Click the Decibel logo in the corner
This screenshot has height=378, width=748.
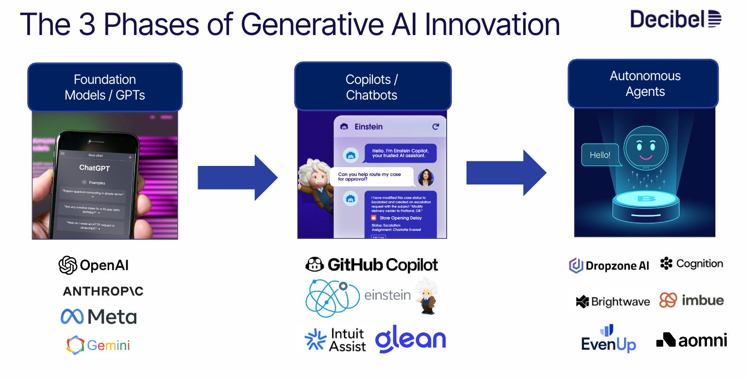(x=675, y=19)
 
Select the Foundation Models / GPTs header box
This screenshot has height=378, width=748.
(x=105, y=87)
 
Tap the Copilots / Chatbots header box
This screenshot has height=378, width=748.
(x=372, y=87)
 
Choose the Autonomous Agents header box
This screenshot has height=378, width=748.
(x=644, y=83)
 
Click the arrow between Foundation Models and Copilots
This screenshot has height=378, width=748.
(x=237, y=177)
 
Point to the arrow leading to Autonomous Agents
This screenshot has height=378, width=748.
(x=506, y=173)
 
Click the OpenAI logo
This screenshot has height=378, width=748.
(x=94, y=265)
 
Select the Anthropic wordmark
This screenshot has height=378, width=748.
(x=103, y=291)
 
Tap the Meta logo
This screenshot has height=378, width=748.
(x=99, y=317)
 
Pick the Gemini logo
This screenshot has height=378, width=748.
(x=99, y=345)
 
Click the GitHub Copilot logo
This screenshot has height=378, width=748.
(x=372, y=265)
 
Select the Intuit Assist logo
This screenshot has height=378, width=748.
(x=336, y=340)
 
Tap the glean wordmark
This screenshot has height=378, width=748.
(x=411, y=339)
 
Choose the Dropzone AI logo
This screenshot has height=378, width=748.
(x=609, y=266)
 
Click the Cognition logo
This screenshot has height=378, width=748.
(x=691, y=264)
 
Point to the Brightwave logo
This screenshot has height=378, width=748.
(x=613, y=301)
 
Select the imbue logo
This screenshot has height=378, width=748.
(x=691, y=301)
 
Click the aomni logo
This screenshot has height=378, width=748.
(x=691, y=340)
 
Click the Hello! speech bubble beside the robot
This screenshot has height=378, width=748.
(x=600, y=155)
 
